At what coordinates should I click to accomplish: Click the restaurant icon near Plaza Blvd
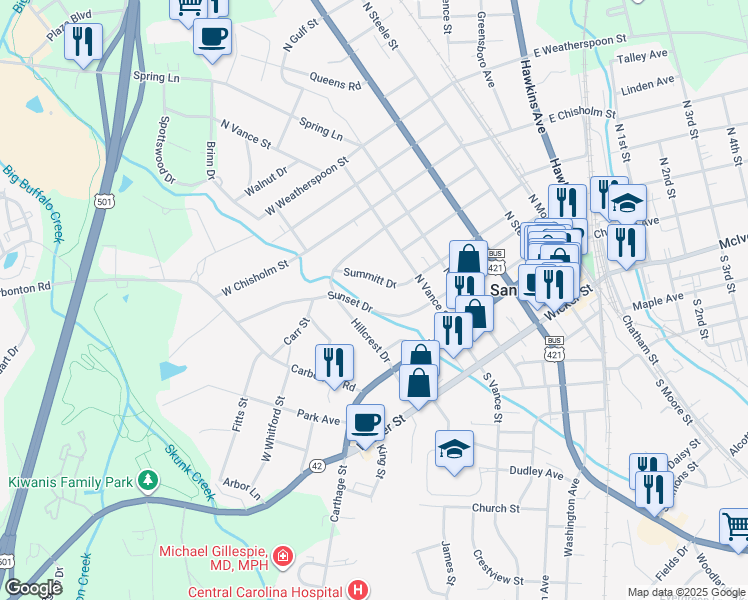83,42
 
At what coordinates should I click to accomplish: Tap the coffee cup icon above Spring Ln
212,38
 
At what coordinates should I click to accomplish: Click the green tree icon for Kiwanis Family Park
149,481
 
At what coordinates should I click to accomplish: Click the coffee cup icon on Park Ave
365,421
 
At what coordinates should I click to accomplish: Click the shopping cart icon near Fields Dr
735,524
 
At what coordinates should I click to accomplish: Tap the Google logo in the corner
33,588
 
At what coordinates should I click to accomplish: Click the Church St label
496,508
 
